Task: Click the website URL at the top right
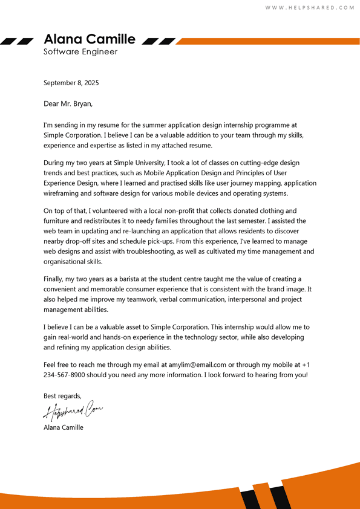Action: [310, 8]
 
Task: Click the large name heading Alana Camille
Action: [90, 39]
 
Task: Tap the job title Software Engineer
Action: [80, 52]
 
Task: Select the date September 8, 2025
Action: [71, 83]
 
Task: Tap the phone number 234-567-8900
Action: [68, 375]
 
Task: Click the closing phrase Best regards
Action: [62, 396]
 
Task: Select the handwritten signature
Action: [73, 412]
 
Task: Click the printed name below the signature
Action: [64, 427]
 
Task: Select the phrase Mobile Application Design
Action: [186, 173]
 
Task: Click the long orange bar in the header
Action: [266, 41]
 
